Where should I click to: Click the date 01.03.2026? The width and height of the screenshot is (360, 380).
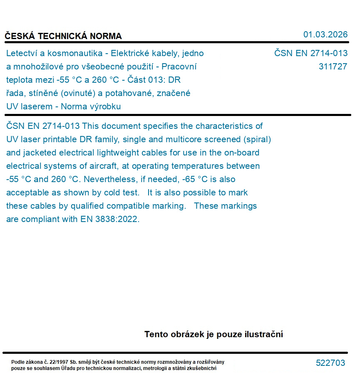click(325, 35)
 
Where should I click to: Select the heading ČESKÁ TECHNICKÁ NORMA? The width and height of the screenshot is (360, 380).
click(63, 36)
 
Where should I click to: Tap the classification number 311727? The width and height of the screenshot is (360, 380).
click(333, 67)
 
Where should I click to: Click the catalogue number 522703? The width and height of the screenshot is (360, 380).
click(330, 363)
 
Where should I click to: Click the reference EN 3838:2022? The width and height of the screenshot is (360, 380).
click(109, 219)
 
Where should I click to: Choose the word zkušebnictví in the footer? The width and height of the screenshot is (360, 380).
click(204, 368)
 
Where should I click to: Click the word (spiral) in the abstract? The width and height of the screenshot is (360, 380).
click(258, 139)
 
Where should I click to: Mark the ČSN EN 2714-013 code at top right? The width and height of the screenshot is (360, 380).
click(310, 53)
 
